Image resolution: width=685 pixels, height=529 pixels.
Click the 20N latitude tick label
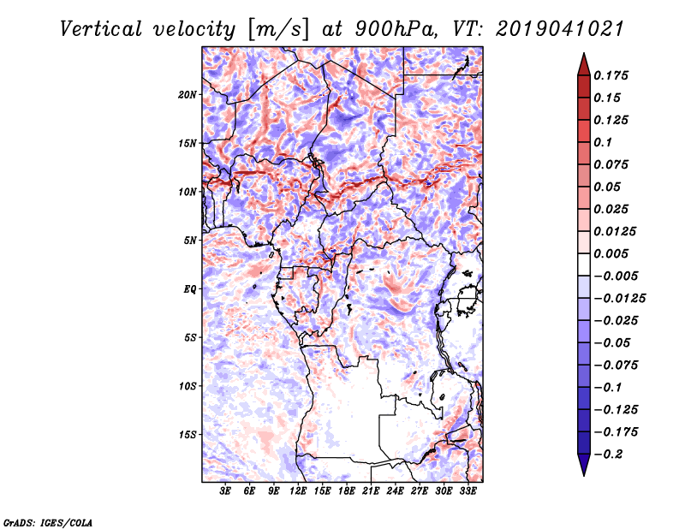187,95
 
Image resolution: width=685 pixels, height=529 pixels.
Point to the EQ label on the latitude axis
190,289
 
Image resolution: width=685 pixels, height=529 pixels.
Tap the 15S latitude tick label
187,435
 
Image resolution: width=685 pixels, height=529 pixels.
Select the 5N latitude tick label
190,241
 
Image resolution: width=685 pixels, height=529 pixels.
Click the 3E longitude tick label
225,490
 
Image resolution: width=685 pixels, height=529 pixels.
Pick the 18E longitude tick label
347,490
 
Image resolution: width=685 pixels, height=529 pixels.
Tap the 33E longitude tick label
468,490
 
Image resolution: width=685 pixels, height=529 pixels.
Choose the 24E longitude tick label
395,490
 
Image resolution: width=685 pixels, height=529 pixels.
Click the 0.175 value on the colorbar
611,75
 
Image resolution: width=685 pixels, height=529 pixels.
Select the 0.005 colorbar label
611,253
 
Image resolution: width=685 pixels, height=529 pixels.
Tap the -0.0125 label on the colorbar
619,299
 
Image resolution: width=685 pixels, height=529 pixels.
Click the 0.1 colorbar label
603,142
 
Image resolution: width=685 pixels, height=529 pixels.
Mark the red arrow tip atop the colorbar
584,53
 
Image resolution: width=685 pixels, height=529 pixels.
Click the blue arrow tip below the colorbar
584,475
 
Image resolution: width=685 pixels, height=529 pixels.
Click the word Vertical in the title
101,29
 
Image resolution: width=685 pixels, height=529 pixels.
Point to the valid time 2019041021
560,29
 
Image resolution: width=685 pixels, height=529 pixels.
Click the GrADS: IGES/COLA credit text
48,522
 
